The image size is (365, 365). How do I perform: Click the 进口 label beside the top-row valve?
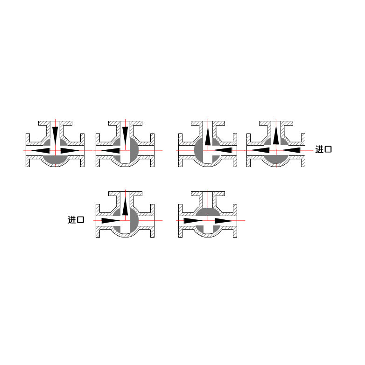pos(323,149)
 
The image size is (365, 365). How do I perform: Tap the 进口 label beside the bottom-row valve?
pos(76,220)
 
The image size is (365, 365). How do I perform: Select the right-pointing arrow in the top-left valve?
pos(70,151)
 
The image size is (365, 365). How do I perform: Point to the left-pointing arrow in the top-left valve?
pos(41,151)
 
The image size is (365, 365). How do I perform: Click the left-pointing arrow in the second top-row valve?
pos(111,151)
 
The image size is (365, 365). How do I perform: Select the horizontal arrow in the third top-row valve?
pos(223,150)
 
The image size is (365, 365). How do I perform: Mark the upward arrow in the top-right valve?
pos(276,135)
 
